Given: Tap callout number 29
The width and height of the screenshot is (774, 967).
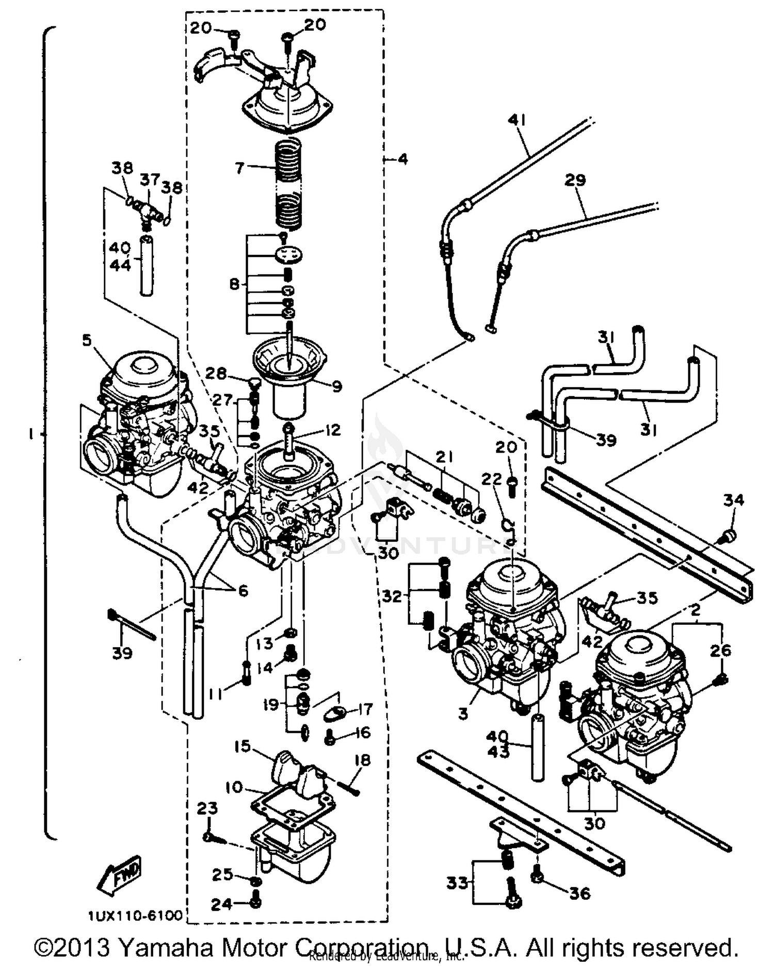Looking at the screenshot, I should tap(575, 180).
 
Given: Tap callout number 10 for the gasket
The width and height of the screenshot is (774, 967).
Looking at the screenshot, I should tap(234, 787).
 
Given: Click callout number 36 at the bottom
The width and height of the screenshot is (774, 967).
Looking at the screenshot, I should tap(579, 893).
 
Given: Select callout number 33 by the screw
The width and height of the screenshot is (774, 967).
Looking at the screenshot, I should tap(457, 883).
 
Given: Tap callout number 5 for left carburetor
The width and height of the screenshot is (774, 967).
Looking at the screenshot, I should tap(86, 340).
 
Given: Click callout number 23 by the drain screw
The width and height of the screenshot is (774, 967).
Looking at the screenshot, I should tap(207, 808).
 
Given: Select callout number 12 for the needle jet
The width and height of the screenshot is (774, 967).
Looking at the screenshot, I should tap(334, 430).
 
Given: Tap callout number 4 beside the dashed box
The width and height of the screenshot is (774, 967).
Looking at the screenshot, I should tap(402, 159).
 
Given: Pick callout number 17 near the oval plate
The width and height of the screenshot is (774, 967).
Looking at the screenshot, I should tap(365, 709).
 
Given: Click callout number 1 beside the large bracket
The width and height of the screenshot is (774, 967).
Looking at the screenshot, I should tap(31, 434).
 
